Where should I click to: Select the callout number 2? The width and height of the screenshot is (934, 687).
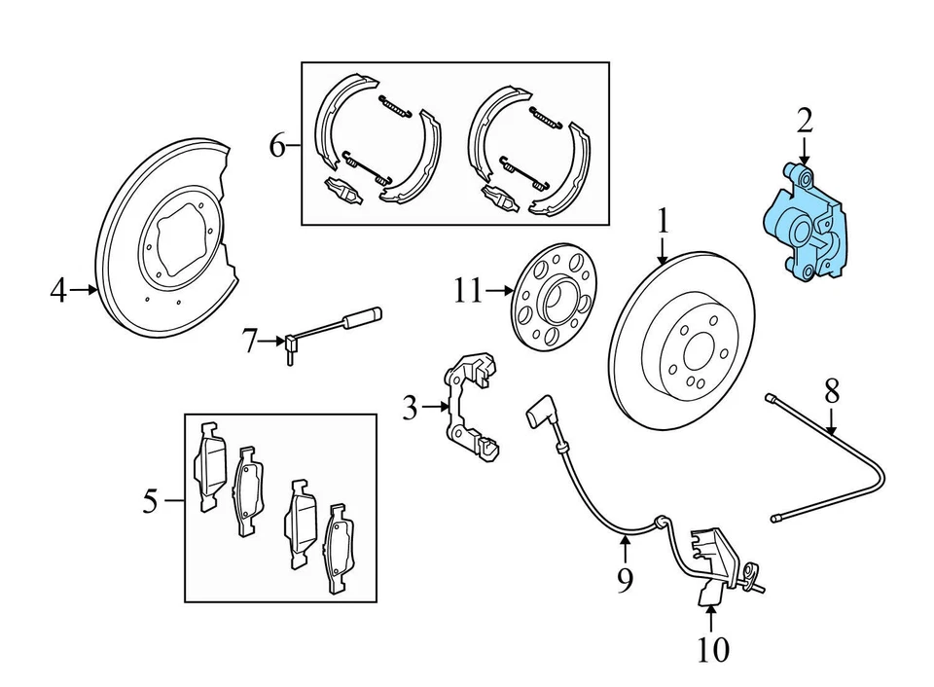[x=804, y=122]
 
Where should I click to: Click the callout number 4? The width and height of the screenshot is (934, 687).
[x=58, y=289]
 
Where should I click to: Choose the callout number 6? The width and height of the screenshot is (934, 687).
[x=277, y=147]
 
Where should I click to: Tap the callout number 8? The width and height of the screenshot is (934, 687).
[x=831, y=392]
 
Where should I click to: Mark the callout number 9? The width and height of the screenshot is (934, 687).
[x=625, y=581]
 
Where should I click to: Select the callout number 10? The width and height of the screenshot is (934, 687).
[x=712, y=649]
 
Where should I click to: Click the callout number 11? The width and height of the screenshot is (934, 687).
[x=468, y=290]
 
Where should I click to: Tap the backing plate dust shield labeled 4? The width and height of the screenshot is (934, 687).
[x=165, y=243]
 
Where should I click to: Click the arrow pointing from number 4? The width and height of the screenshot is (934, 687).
[x=86, y=289]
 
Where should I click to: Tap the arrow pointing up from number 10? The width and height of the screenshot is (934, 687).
[x=711, y=618]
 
